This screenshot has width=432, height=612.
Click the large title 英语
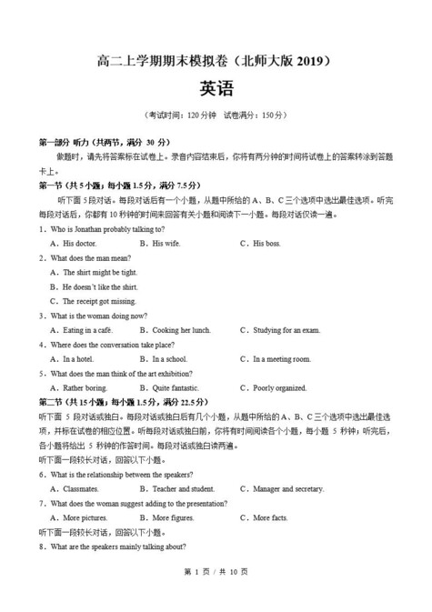click(216, 89)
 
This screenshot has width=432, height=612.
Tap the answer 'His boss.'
click(266, 244)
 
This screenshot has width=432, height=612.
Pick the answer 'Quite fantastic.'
click(180, 388)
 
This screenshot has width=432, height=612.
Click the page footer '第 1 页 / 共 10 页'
click(216, 596)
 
